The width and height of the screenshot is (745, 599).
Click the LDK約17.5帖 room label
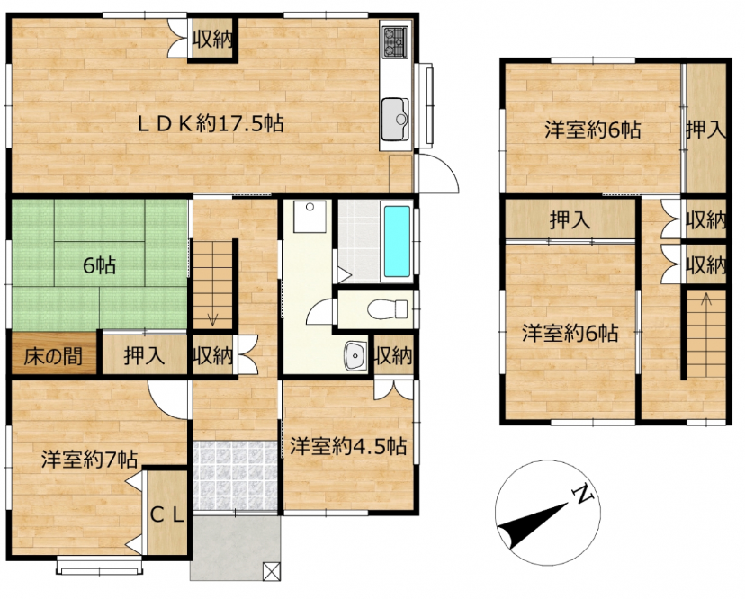211,124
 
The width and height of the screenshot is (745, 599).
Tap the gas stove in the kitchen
395,41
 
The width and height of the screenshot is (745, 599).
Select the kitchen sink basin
395,120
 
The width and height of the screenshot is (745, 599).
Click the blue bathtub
397,241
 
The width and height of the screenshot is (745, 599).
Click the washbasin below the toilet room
355,355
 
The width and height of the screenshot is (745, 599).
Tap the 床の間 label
53,356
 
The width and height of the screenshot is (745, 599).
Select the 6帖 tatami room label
99,266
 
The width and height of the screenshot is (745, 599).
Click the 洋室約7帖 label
89,460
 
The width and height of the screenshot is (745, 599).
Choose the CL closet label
166,514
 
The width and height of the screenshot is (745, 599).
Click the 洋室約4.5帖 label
348,446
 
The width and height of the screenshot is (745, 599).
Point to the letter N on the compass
583,495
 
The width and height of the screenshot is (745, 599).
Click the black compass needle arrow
533,524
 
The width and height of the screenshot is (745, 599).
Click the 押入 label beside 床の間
145,355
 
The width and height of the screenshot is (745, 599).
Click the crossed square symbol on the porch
272,571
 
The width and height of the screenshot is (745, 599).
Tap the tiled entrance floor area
235,476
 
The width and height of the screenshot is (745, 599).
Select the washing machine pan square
310,217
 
